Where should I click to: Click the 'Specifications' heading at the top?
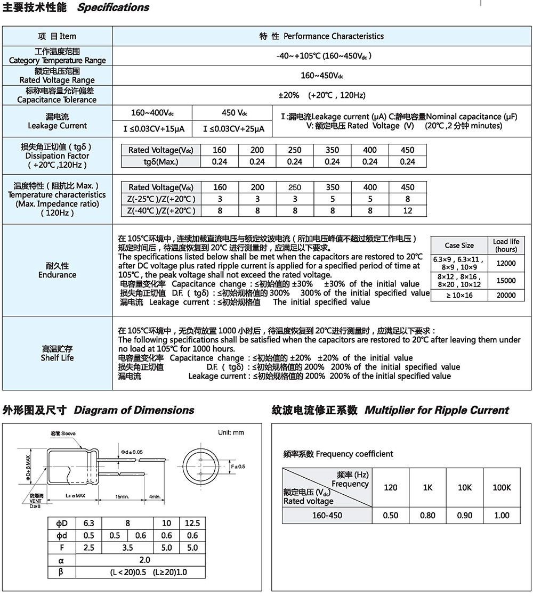tap(113, 7)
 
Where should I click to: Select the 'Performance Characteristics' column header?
tap(333, 36)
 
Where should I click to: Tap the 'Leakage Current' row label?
tap(57, 126)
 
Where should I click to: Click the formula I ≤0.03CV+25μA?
tap(234, 129)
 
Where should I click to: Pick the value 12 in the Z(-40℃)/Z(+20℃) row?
tap(407, 211)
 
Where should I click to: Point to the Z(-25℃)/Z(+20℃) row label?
tap(161, 199)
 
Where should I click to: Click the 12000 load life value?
tap(505, 263)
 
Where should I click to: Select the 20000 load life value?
tap(505, 295)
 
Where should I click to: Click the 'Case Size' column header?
tap(459, 245)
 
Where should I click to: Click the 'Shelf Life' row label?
tap(57, 358)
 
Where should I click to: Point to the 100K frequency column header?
tap(502, 487)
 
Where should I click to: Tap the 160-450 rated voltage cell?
tap(327, 516)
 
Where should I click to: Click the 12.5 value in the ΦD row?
tap(192, 524)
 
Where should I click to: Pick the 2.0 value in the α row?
tap(144, 560)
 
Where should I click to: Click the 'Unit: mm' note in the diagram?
tap(231, 432)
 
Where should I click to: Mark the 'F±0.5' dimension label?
tap(238, 467)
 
